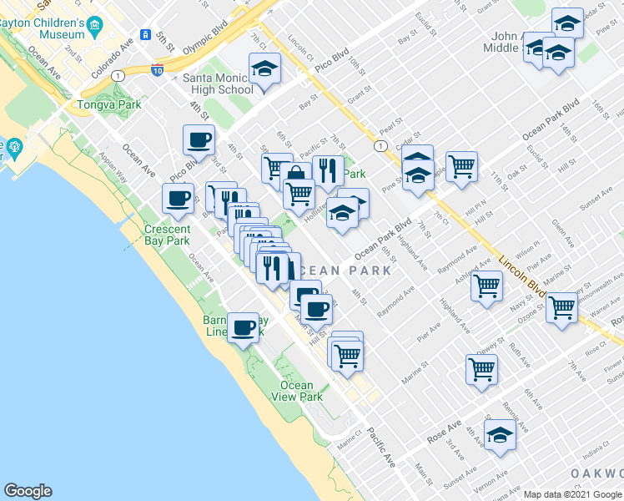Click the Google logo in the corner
pos(28,491)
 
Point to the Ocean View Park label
pos(300,391)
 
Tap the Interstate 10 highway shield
pos(158,71)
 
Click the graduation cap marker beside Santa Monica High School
pos(265,68)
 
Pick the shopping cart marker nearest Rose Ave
pos(482,368)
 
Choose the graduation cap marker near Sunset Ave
pos(501,437)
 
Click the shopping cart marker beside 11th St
pos(461,166)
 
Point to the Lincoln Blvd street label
pos(522,277)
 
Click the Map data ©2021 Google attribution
pos(573,494)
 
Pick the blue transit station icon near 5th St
pos(145,36)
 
